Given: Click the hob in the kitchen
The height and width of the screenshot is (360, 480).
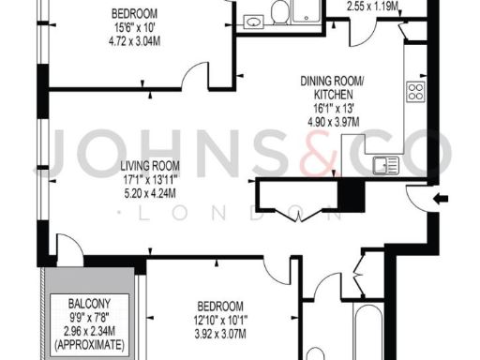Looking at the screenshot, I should coord(416,92).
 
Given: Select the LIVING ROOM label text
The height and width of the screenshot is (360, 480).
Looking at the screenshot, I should coord(92,171).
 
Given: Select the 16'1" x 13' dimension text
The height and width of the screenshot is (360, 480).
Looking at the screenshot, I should coord(335,107).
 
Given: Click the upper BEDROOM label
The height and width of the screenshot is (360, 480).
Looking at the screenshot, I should coord(134,13).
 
